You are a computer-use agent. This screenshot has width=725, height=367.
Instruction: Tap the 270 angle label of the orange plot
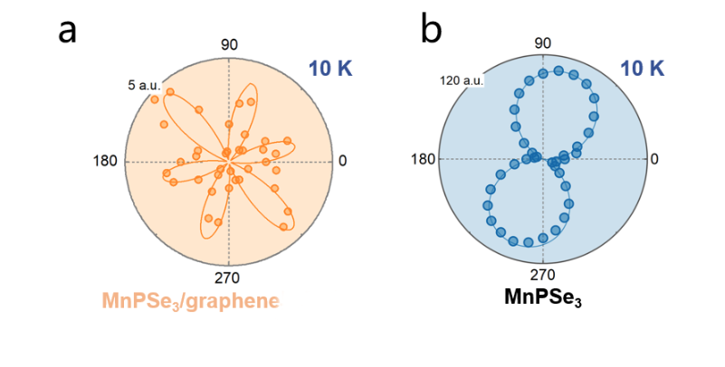pos(227,278)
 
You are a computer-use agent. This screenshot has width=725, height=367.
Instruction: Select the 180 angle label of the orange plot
pos(106,161)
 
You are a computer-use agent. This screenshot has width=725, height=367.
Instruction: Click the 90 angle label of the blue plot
pos(543,42)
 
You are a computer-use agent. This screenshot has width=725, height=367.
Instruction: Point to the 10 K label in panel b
pos(644,69)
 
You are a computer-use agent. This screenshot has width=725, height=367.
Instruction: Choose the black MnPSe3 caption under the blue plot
pos(543,296)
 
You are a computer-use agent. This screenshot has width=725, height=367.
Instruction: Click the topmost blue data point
pos(542,73)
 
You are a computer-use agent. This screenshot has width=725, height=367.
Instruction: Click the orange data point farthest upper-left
pos(155,99)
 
